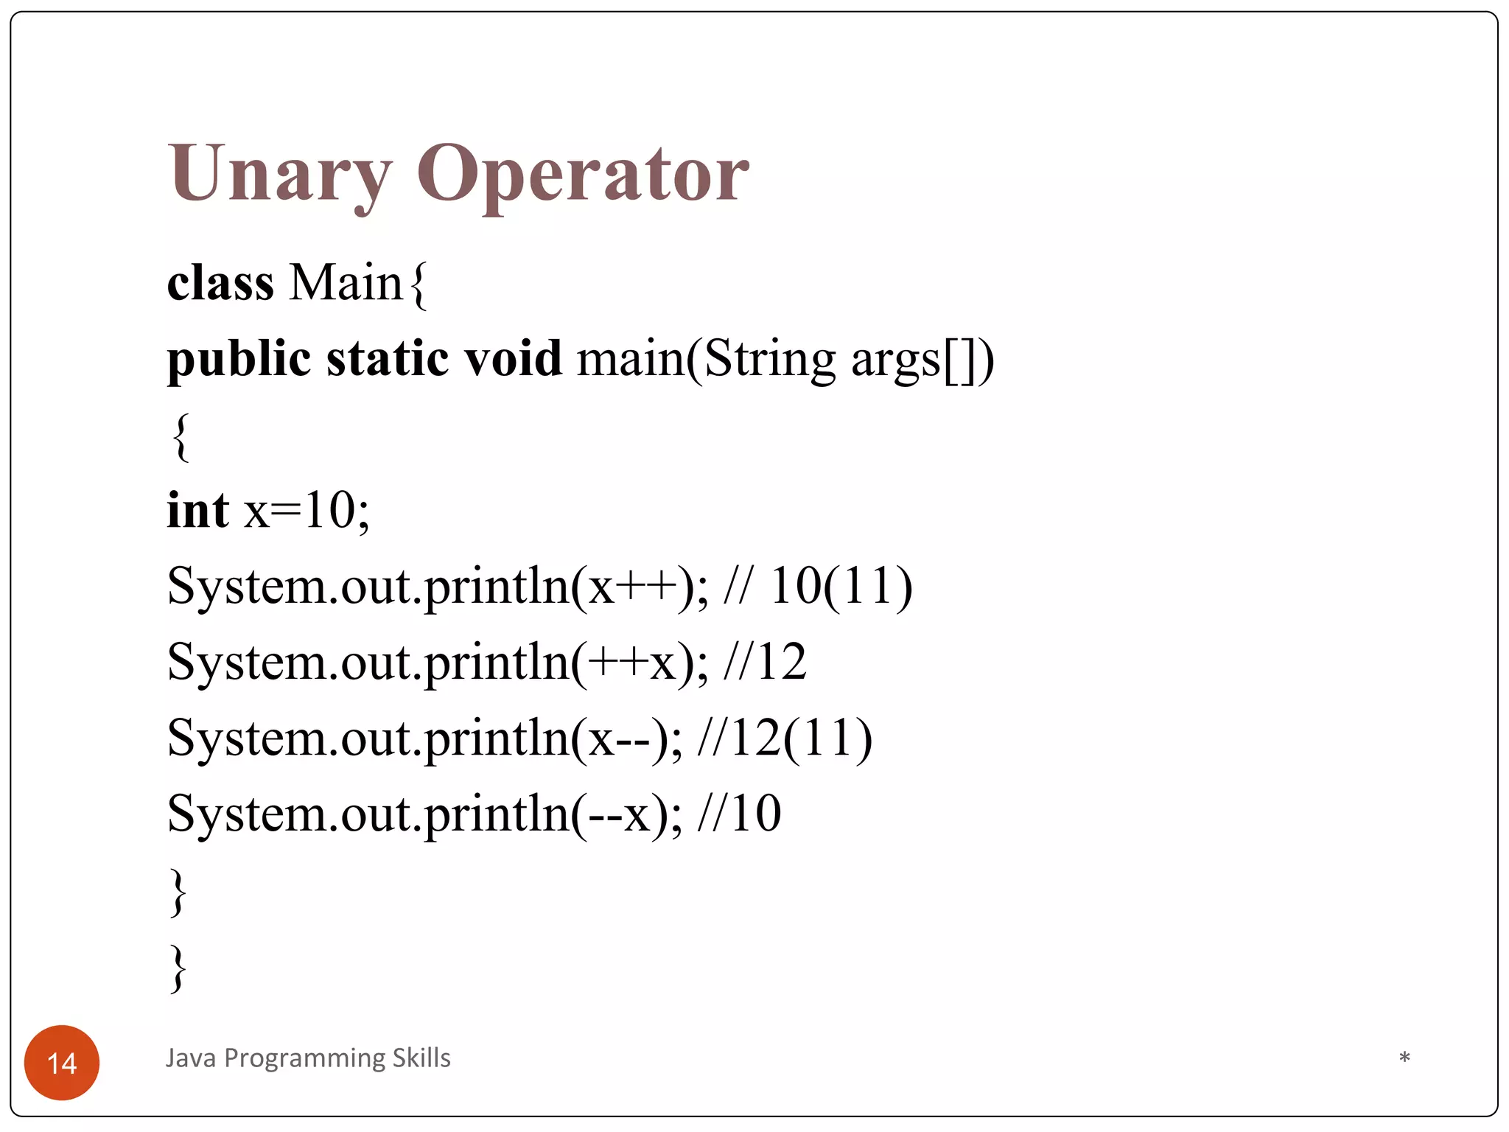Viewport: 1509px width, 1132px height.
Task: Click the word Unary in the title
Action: tap(279, 175)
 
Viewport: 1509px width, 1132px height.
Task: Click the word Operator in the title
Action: tap(583, 175)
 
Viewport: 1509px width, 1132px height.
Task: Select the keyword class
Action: tap(220, 283)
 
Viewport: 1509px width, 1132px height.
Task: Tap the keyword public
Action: tap(239, 360)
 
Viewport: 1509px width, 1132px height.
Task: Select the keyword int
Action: tap(197, 510)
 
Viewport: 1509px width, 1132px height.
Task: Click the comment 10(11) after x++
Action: tap(840, 587)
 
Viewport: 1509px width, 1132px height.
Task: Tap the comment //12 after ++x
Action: tap(765, 663)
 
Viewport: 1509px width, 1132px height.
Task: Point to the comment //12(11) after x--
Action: tap(785, 738)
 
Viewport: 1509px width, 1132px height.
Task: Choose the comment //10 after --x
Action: tap(739, 814)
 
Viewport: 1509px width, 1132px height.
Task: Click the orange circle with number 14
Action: tap(62, 1063)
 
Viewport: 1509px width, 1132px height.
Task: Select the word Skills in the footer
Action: tap(421, 1058)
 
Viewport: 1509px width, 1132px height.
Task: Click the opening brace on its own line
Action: tap(181, 437)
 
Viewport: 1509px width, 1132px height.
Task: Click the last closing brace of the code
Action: tap(178, 968)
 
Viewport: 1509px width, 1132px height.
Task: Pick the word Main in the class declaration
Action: tap(346, 283)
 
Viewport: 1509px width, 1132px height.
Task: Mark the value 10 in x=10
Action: tap(329, 510)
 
